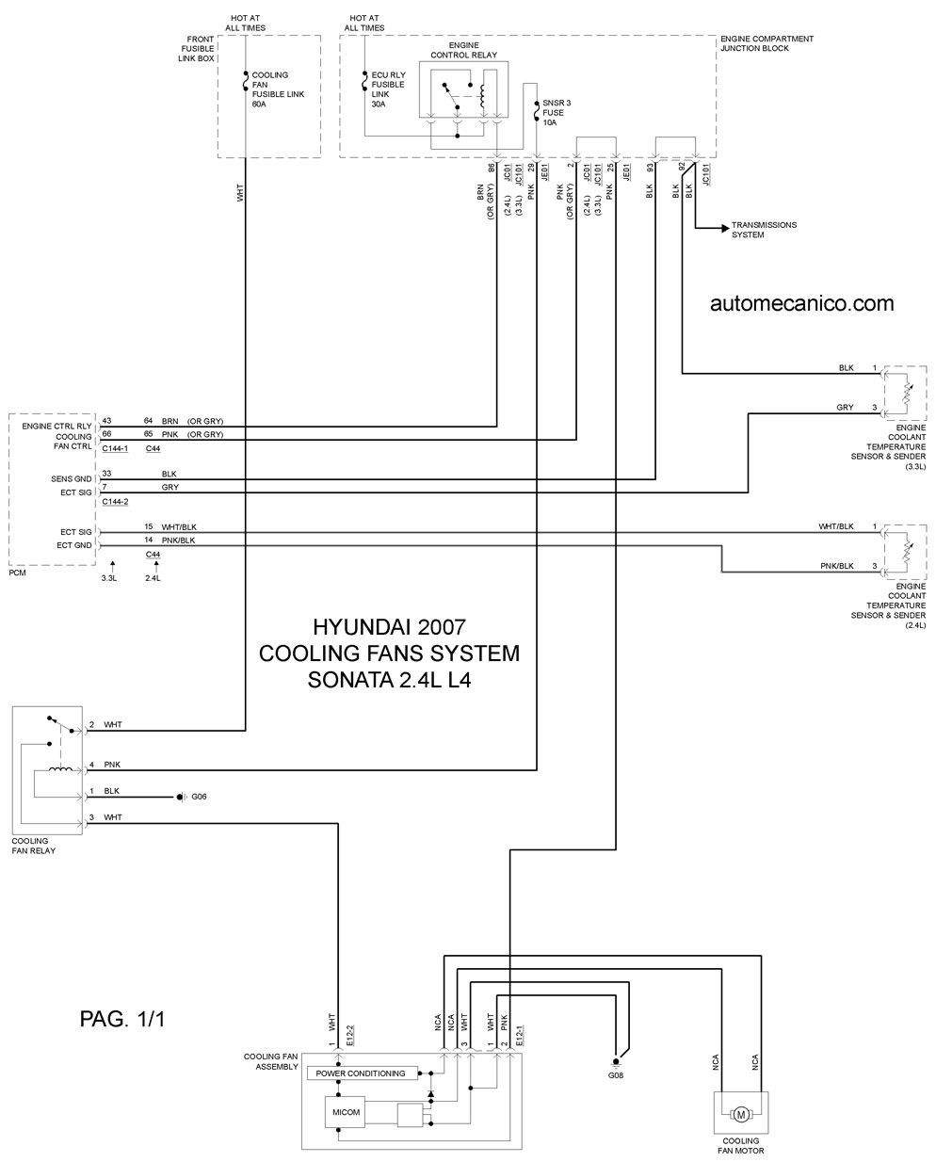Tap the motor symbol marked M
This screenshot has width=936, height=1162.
coord(740,1115)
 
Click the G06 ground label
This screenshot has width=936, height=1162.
coord(199,797)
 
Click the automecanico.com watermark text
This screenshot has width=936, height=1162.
coord(801,303)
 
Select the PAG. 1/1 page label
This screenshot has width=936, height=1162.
coord(122,1019)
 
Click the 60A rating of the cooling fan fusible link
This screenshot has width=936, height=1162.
coord(259,104)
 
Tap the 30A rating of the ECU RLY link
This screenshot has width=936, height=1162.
coord(379,104)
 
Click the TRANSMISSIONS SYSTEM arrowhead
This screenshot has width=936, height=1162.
coord(725,229)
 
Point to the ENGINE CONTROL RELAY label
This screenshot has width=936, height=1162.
coord(463,50)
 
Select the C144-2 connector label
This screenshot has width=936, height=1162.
coord(115,502)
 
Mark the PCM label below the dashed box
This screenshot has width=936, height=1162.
coord(17,573)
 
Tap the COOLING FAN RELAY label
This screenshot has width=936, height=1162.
coord(34,846)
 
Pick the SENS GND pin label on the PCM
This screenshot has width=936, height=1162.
coord(72,479)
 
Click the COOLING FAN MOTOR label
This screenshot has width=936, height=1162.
coord(740,1146)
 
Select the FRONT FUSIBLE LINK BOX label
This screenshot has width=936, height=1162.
coord(196,49)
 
